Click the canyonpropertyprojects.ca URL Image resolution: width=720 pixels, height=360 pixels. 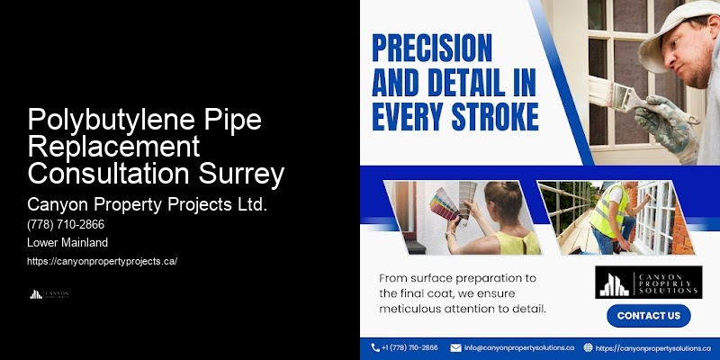click(102, 261)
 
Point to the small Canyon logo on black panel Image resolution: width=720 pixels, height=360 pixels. click(49, 294)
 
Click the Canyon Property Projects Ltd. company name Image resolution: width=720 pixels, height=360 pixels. click(148, 204)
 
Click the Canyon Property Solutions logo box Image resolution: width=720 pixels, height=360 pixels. click(647, 282)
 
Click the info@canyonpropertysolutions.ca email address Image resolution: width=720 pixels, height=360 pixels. click(518, 347)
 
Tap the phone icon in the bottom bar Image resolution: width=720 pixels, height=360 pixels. click(375, 347)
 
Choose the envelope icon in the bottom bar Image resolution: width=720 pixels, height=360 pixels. click(455, 347)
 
